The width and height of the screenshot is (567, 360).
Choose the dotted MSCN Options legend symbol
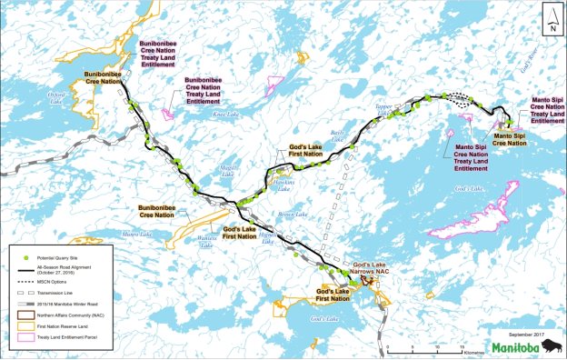(26, 283)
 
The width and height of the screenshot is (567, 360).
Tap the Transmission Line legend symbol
(26, 293)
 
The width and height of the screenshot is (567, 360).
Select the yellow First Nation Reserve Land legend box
(26, 326)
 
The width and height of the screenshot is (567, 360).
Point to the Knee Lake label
(224, 115)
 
